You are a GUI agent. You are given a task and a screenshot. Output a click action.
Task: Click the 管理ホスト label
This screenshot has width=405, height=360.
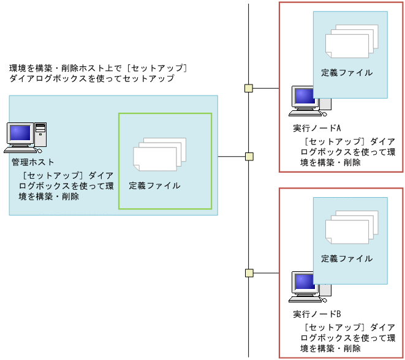(x=33, y=162)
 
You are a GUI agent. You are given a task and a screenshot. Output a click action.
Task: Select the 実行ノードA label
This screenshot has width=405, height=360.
(x=316, y=129)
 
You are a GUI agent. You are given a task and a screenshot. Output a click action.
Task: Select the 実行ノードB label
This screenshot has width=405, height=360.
(x=316, y=314)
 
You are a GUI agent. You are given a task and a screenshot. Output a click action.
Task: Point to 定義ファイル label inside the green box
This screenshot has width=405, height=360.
(x=154, y=186)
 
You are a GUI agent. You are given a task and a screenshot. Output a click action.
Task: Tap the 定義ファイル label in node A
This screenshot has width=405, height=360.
(x=347, y=73)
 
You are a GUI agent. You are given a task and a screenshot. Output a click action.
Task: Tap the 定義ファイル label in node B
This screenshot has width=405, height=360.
(x=347, y=258)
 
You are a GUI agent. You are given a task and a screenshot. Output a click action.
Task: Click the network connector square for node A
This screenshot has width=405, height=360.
(x=249, y=88)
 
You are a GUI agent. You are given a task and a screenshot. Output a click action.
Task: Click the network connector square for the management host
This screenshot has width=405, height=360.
(x=249, y=157)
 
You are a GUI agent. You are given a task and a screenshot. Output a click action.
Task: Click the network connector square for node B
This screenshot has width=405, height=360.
(x=249, y=273)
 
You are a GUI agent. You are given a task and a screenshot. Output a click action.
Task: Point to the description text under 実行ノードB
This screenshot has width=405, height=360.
(x=347, y=337)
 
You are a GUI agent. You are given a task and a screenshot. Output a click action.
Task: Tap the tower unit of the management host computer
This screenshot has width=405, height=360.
(x=40, y=135)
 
